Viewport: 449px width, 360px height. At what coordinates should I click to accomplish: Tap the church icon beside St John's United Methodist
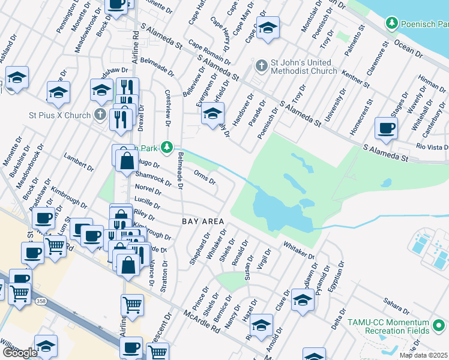[x=261, y=65]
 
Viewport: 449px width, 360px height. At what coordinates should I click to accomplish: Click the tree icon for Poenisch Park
[x=392, y=23]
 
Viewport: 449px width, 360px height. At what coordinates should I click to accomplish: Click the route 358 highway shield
[x=40, y=300]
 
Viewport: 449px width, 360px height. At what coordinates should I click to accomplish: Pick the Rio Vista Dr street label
[x=432, y=147]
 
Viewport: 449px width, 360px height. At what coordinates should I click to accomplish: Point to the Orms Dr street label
[x=205, y=177]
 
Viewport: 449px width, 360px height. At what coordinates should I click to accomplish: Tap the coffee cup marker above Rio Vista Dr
[x=385, y=128]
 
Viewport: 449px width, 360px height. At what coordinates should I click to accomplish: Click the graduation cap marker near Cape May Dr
[x=267, y=27]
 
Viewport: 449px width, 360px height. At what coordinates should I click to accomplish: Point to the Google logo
[x=20, y=353]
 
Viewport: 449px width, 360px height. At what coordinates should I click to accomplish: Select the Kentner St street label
[x=355, y=78]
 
